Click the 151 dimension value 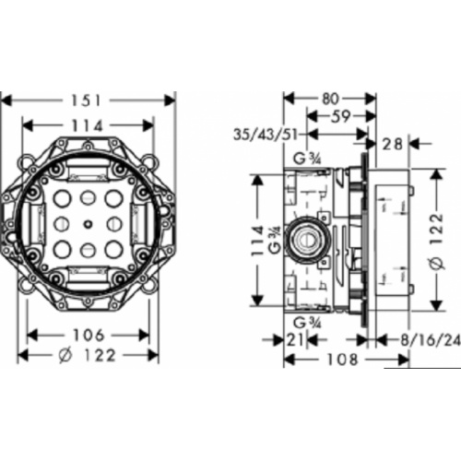87,100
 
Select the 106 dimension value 89,335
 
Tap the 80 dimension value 330,99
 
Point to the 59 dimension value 342,116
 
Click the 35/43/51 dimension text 266,135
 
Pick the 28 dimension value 393,144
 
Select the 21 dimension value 295,340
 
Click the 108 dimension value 342,360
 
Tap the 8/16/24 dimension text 431,340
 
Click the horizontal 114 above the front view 87,125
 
